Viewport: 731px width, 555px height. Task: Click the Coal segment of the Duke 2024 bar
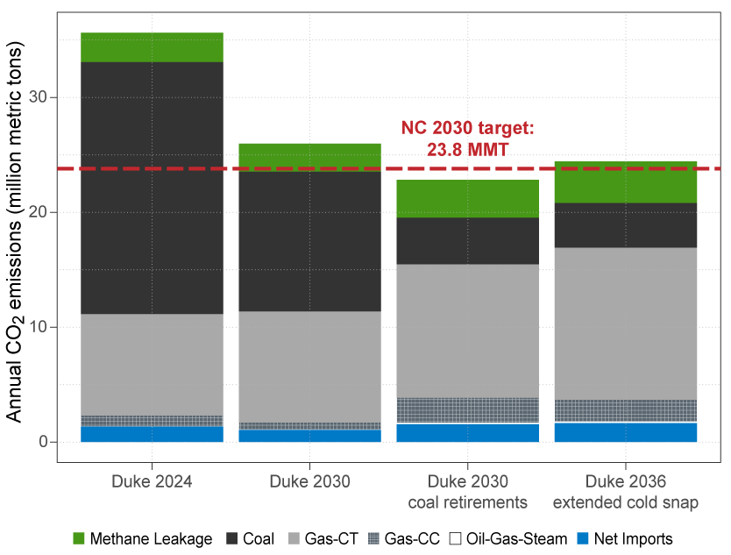(x=152, y=188)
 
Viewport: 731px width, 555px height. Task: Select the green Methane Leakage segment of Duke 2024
(x=152, y=47)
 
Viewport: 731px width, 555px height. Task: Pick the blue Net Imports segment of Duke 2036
(x=626, y=432)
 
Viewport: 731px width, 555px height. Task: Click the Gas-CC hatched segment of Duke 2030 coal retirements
(x=467, y=410)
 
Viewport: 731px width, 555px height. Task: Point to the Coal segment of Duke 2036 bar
(x=626, y=225)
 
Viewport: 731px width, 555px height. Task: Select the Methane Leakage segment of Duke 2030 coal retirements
(x=467, y=199)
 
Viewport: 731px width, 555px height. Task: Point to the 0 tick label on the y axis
(x=41, y=442)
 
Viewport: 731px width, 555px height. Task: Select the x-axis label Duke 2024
(x=152, y=482)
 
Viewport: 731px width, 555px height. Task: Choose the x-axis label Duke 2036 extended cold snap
(x=626, y=492)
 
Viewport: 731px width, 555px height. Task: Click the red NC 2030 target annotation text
(x=467, y=139)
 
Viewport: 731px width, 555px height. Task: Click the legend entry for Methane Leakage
(x=141, y=539)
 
